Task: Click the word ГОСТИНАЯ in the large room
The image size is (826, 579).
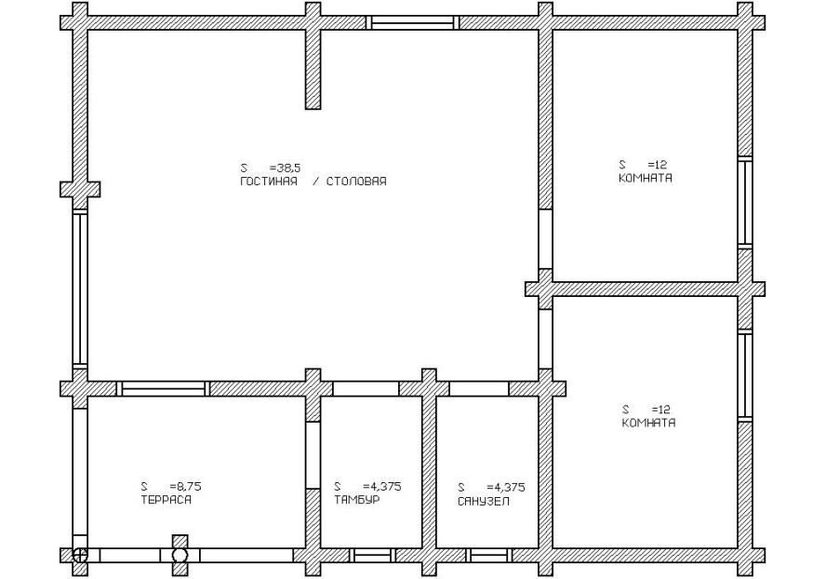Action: [269, 182]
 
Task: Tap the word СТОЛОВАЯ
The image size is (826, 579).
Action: [356, 182]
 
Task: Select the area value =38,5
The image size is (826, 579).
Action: [285, 168]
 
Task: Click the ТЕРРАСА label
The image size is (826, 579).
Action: [166, 499]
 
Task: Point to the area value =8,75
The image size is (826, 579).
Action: [186, 486]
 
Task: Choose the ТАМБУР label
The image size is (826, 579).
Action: [356, 499]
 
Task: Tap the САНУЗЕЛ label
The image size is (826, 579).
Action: [484, 501]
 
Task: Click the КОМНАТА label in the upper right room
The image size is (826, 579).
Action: [646, 178]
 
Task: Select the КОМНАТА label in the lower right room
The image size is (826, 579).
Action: [648, 423]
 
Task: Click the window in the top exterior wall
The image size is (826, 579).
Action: [412, 22]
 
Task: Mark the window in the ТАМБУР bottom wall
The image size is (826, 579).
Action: [372, 556]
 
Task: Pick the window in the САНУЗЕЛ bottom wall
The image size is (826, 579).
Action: [489, 556]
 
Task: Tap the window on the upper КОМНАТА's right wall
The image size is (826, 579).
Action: [744, 203]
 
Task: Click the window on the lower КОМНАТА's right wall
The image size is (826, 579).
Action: [744, 375]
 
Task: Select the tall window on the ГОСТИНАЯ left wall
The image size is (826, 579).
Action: [80, 289]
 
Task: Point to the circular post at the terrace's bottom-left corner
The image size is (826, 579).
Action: [80, 556]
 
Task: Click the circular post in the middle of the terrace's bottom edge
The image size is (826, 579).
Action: [180, 556]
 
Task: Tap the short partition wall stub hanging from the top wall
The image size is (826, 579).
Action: [313, 69]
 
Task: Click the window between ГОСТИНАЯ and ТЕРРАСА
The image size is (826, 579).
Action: [163, 388]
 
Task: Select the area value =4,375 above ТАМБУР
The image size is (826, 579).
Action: [382, 486]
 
